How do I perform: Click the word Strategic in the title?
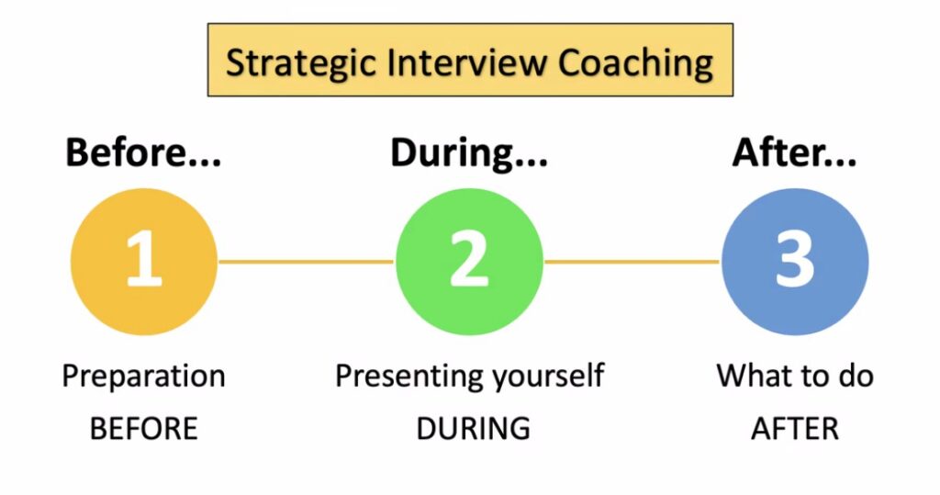click(x=301, y=63)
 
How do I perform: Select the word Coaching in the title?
click(x=636, y=63)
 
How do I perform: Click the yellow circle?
click(x=144, y=262)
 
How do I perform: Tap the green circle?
click(x=469, y=262)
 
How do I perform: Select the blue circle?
click(x=795, y=262)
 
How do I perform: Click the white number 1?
click(x=144, y=259)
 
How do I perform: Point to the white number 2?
click(x=469, y=259)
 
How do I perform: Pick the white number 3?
click(x=795, y=259)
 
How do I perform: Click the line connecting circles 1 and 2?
click(x=307, y=262)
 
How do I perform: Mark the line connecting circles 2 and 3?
click(x=632, y=262)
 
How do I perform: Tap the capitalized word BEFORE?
click(x=144, y=429)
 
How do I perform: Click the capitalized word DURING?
click(x=473, y=429)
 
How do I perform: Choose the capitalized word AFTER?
click(x=795, y=429)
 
